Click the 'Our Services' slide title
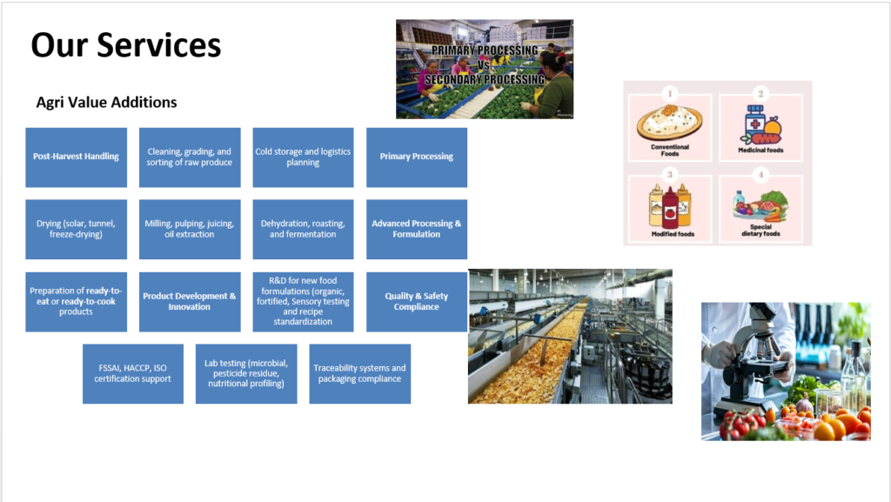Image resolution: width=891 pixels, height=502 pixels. [125, 45]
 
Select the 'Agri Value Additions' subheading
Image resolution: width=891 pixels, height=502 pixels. [106, 102]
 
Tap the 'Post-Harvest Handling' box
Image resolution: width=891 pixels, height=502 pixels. [77, 157]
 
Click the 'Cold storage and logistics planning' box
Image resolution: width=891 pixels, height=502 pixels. [303, 157]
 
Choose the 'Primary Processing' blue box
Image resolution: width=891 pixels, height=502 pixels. [417, 157]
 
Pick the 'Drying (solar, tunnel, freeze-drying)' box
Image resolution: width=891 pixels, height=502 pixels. [77, 230]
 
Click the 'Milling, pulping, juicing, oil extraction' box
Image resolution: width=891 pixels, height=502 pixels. [190, 230]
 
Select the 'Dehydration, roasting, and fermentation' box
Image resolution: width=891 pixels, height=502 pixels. [303, 230]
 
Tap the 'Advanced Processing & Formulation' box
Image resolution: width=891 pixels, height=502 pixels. [417, 230]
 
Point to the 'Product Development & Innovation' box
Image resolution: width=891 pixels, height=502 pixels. [190, 302]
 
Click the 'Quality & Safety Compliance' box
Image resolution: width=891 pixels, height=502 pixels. [417, 302]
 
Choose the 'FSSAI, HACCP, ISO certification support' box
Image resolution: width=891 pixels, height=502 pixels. [133, 373]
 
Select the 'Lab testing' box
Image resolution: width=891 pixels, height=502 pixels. [246, 373]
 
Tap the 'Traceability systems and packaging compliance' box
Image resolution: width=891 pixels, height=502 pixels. [359, 373]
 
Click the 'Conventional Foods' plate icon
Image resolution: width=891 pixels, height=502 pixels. [669, 122]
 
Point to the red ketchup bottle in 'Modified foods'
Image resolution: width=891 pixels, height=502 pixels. [670, 209]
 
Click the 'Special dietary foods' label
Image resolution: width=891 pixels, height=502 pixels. [760, 230]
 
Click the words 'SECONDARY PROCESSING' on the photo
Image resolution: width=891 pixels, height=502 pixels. [485, 79]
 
